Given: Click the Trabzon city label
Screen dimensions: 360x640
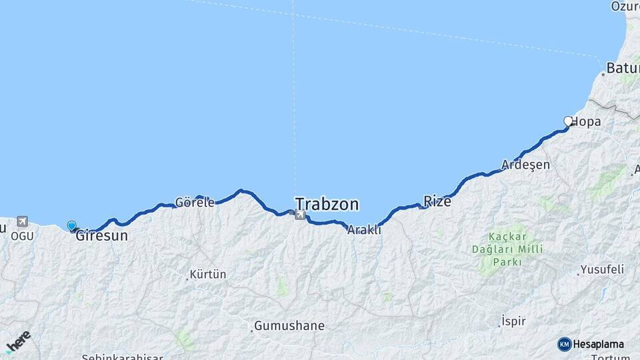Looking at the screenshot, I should point(327,203).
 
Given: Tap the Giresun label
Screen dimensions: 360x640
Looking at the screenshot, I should point(101,235).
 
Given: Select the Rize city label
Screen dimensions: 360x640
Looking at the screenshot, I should point(437,201).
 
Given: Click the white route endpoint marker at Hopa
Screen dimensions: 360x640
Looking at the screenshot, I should point(568,121).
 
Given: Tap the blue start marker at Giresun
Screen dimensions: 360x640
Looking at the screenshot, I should point(71,226).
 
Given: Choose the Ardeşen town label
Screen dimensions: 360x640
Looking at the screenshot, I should point(526,165).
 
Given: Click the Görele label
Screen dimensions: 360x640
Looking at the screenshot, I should point(195,202).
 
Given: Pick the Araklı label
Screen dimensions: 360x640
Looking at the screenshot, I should point(364,229).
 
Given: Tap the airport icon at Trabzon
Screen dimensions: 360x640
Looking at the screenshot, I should point(300,215).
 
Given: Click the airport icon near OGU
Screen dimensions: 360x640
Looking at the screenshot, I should point(22,221).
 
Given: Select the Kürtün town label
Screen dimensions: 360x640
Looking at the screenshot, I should point(208,274).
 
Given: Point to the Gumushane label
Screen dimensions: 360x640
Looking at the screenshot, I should point(288,326).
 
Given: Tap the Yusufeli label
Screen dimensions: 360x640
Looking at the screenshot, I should point(601,269).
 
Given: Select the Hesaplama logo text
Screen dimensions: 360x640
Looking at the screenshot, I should point(599,344).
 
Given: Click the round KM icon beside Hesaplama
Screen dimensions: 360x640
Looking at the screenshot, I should point(565,344).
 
